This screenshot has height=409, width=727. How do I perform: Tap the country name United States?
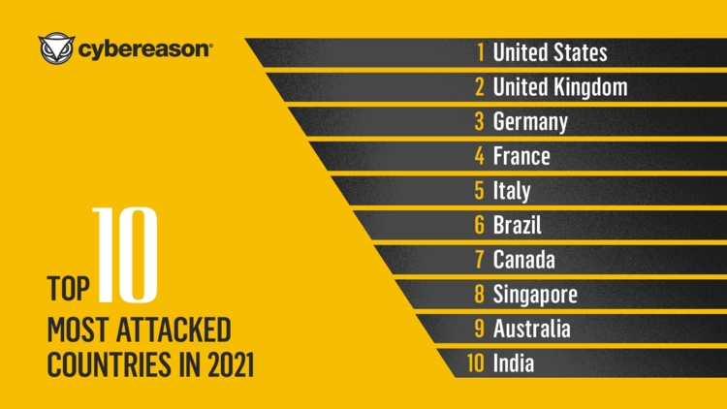(x=550, y=52)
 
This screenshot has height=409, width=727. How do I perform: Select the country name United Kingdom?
(x=559, y=87)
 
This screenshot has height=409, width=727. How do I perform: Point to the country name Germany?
(x=529, y=122)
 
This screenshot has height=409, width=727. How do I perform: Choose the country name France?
(x=521, y=156)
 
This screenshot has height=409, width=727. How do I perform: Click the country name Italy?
(x=511, y=191)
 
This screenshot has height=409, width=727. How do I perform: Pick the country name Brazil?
(x=517, y=226)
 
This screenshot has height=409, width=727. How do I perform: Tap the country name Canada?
(x=523, y=260)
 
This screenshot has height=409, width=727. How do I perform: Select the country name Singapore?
(x=535, y=295)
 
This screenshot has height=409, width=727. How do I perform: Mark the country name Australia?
(x=531, y=329)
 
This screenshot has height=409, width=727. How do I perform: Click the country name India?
(x=513, y=363)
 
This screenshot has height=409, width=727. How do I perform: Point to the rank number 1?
(x=480, y=52)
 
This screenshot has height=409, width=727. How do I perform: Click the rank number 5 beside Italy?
(x=479, y=191)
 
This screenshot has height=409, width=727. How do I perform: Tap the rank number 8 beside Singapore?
(x=479, y=295)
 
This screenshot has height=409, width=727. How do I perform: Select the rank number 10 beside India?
(x=475, y=363)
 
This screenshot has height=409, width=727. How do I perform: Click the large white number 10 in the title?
(x=123, y=254)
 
